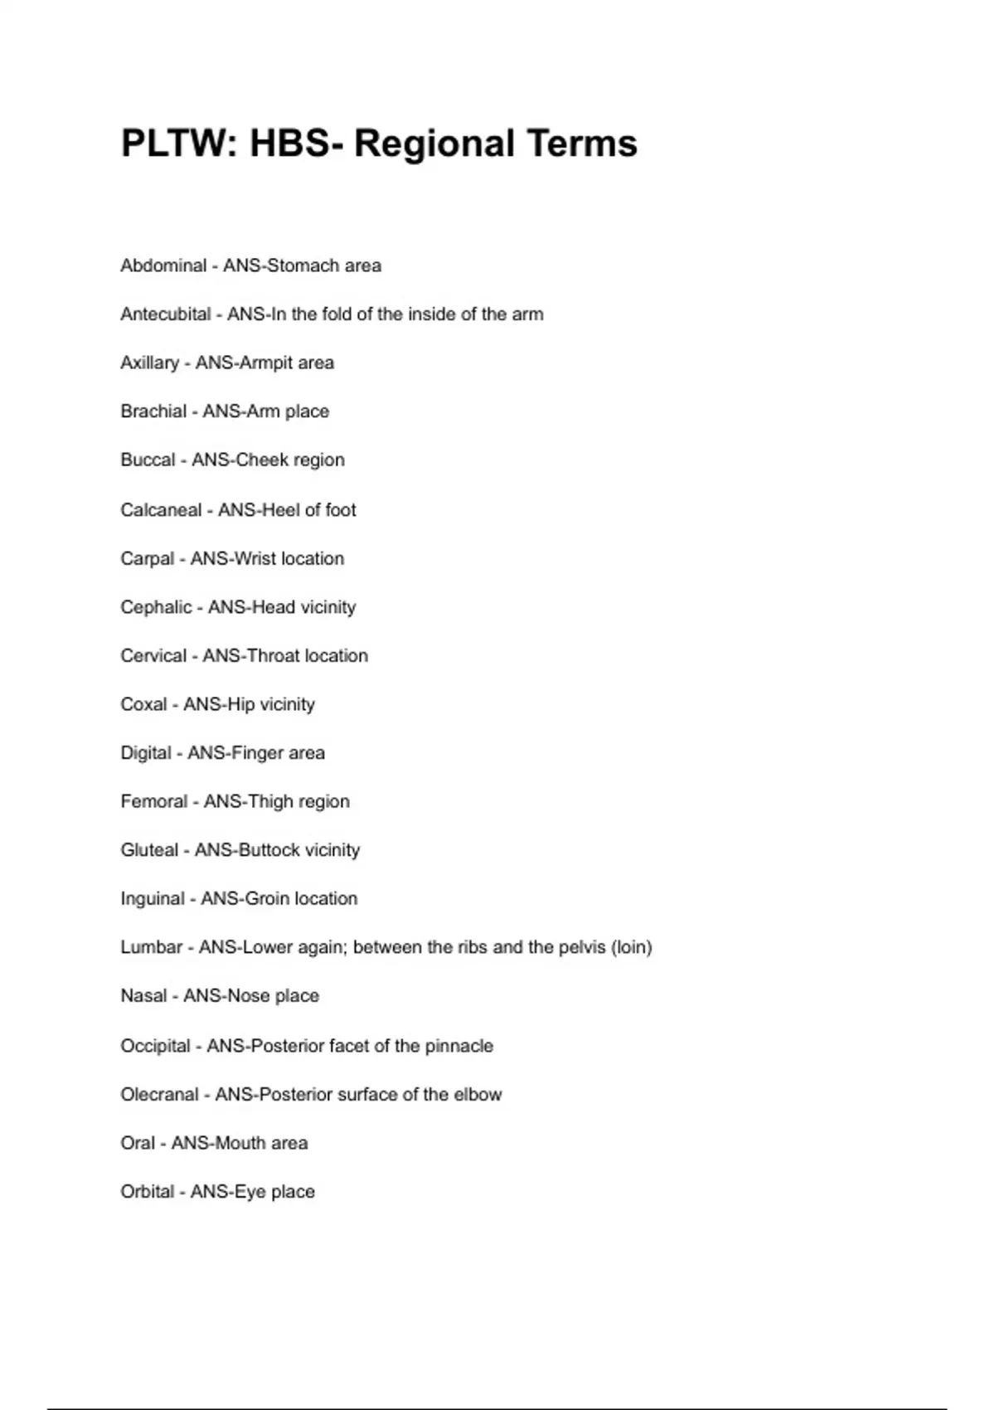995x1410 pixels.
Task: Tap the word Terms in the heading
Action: pos(581,143)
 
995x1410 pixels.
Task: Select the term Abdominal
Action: pos(163,265)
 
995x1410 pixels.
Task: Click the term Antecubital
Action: pos(166,314)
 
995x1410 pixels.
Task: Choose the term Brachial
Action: pos(153,411)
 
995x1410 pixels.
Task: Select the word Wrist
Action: pos(255,558)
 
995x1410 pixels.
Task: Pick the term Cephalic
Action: pos(156,607)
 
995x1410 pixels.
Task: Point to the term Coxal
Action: pos(143,704)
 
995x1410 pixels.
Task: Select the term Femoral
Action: pos(154,801)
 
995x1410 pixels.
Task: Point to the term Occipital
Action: pos(155,1046)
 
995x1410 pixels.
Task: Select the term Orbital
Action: pos(147,1192)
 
